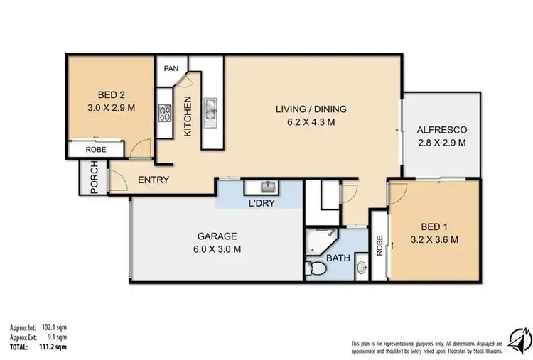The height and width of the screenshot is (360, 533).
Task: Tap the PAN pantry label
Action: [171, 68]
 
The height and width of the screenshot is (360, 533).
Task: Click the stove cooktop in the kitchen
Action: [166, 113]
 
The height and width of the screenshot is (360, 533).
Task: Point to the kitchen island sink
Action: [212, 109]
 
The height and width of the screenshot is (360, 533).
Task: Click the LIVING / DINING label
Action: [311, 109]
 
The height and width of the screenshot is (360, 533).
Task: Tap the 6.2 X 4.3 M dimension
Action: [311, 122]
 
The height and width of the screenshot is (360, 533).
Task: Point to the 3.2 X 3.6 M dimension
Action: [434, 240]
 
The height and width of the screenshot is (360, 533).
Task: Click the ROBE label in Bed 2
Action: [96, 151]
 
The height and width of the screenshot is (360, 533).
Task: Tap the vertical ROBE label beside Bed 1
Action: [379, 245]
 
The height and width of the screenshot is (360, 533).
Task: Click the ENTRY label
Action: [153, 180]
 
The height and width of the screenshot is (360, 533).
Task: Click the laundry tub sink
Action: [265, 187]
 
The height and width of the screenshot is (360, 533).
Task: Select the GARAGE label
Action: [217, 236]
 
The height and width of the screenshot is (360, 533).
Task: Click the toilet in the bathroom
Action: [318, 269]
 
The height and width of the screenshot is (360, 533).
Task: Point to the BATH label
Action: [339, 258]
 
